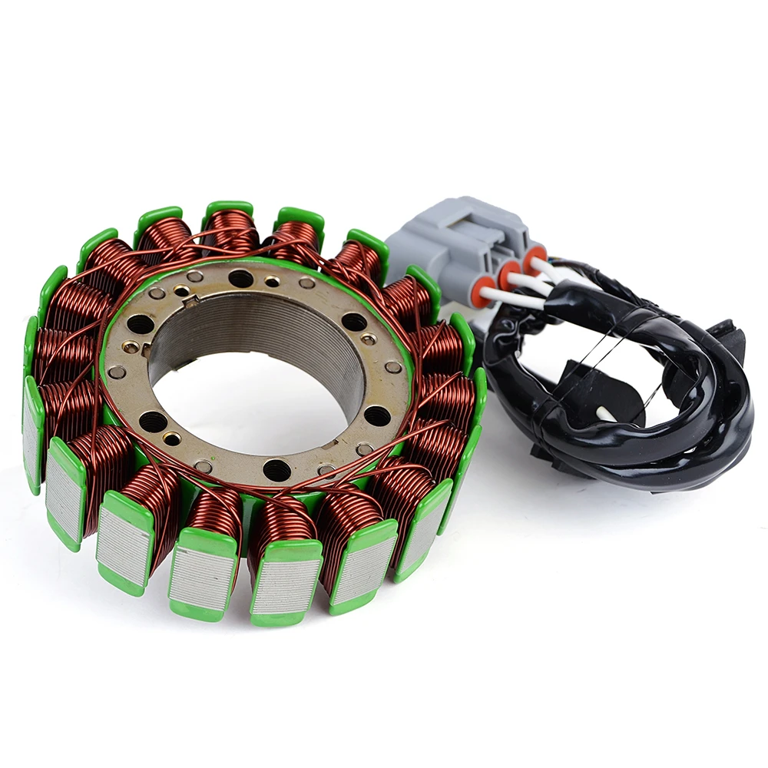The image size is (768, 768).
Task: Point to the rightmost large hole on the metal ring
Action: [x=376, y=415]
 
